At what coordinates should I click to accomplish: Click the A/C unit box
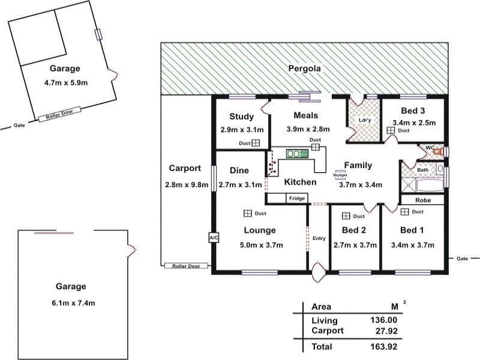click(214, 237)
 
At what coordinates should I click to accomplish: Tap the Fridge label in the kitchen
click(297, 199)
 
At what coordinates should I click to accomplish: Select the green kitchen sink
click(297, 153)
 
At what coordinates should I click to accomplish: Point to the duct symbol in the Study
click(256, 143)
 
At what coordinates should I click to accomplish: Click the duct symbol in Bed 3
click(391, 130)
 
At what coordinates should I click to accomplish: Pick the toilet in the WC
click(440, 151)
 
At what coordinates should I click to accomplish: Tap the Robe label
click(423, 200)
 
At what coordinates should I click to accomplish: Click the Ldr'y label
click(365, 120)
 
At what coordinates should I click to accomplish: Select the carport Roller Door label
click(186, 266)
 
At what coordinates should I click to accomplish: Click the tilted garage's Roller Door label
click(59, 115)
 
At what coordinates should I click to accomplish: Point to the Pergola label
click(305, 68)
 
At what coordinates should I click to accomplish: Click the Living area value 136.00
click(383, 320)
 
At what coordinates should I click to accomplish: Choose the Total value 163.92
click(383, 347)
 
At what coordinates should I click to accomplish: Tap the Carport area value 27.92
click(386, 331)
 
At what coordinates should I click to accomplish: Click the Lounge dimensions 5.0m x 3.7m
click(262, 245)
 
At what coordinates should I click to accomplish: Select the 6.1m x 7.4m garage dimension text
click(73, 303)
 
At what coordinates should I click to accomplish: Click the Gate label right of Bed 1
click(462, 259)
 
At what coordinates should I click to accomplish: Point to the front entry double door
click(318, 272)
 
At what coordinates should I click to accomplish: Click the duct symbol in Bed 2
click(346, 216)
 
